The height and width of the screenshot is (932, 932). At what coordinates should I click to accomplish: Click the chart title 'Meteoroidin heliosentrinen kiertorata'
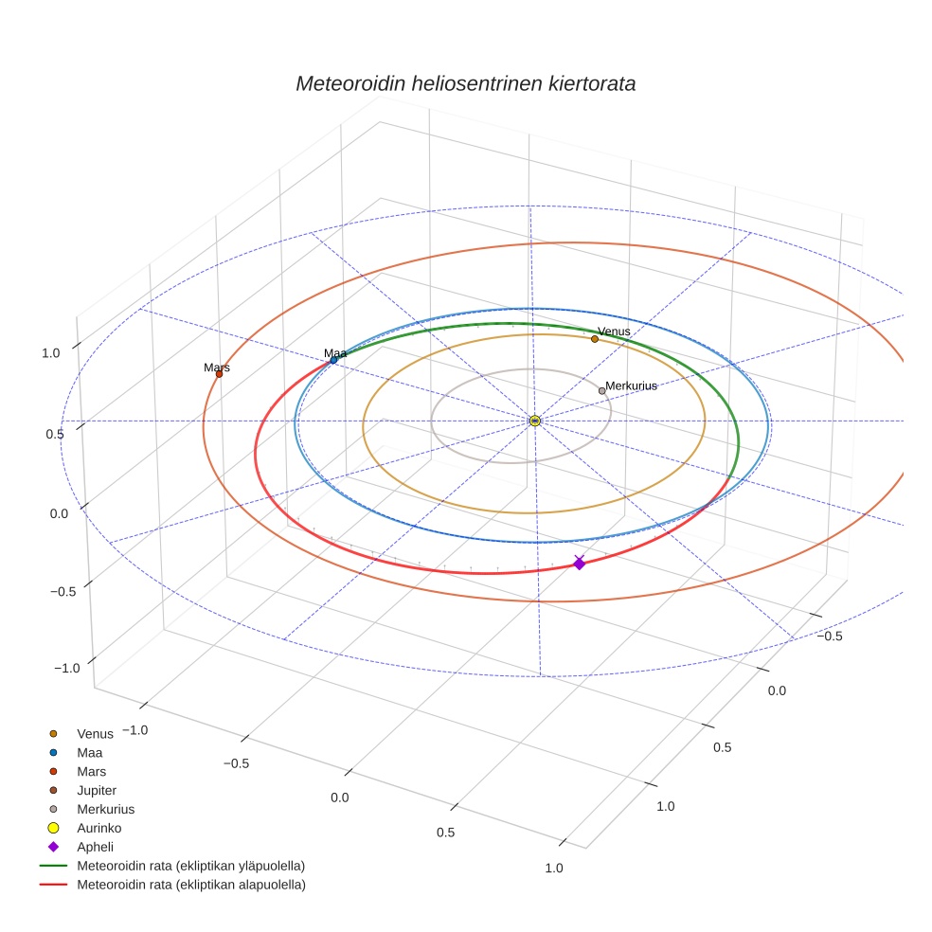click(x=465, y=83)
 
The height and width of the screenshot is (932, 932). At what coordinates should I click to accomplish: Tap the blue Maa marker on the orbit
click(x=333, y=360)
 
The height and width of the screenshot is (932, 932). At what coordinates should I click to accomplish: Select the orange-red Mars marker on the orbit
click(x=219, y=374)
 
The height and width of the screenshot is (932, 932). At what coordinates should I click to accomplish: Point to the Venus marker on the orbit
click(x=595, y=339)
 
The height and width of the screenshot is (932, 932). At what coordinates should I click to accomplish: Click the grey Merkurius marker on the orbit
click(x=601, y=390)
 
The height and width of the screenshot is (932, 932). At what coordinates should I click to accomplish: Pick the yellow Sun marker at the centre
click(x=535, y=421)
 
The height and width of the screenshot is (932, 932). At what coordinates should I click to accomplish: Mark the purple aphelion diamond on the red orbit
click(x=579, y=564)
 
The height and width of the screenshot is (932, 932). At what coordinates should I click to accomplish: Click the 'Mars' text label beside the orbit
click(x=217, y=367)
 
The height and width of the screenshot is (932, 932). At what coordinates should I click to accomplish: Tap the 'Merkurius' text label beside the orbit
click(x=631, y=385)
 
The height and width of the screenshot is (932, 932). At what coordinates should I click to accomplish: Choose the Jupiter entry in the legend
click(x=97, y=790)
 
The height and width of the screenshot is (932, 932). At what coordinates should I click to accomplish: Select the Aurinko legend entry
click(x=99, y=828)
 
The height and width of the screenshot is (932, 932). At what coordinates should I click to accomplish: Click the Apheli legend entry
click(x=95, y=847)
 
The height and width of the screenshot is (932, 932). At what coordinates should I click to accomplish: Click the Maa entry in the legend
click(x=89, y=752)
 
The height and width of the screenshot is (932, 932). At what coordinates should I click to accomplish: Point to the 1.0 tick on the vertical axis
click(x=51, y=352)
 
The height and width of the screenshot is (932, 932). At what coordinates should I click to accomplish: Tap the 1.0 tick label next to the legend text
click(x=554, y=868)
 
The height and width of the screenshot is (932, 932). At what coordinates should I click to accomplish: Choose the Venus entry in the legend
click(x=95, y=733)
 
